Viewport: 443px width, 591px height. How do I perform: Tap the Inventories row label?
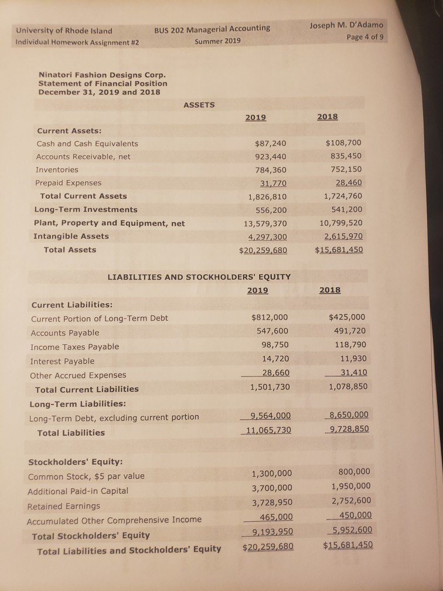(57, 169)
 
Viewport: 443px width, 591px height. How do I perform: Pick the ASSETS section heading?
(199, 105)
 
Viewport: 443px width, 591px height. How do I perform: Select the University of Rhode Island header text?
(64, 30)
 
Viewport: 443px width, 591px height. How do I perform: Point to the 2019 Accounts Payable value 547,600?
(272, 332)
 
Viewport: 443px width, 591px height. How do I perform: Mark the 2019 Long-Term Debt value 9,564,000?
(270, 416)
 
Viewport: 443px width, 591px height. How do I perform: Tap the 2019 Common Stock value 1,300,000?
(271, 474)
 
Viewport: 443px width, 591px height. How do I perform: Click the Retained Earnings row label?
(64, 505)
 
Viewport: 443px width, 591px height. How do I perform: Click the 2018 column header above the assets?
(327, 117)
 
